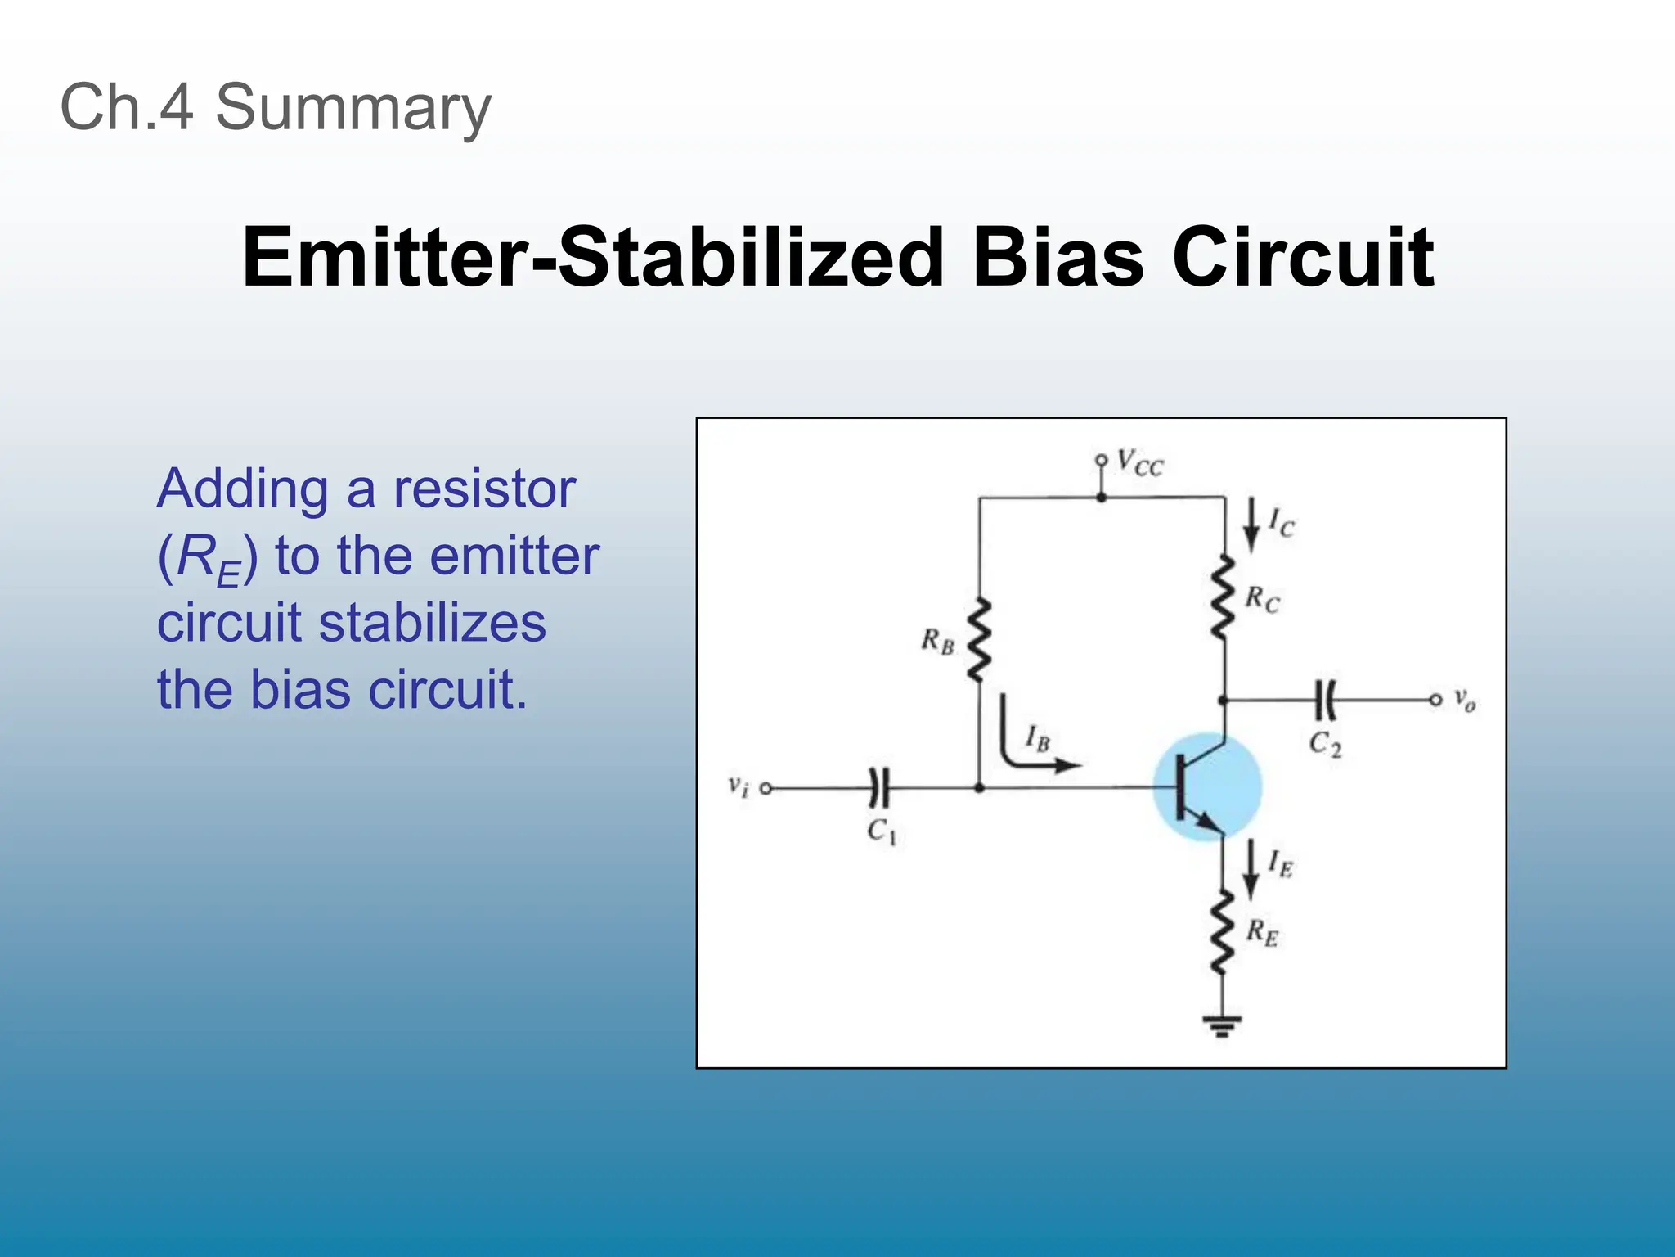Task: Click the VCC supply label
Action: click(1139, 463)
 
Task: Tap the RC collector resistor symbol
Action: click(1224, 597)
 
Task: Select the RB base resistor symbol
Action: click(979, 640)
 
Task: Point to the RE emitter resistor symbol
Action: click(1223, 933)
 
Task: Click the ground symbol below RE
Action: click(1222, 1025)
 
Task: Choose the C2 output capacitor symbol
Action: click(1327, 700)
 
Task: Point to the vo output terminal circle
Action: click(1435, 700)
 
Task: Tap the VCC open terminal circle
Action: click(1102, 461)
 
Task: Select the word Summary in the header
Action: click(353, 107)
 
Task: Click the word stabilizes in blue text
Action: click(432, 623)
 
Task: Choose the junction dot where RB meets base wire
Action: click(980, 788)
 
